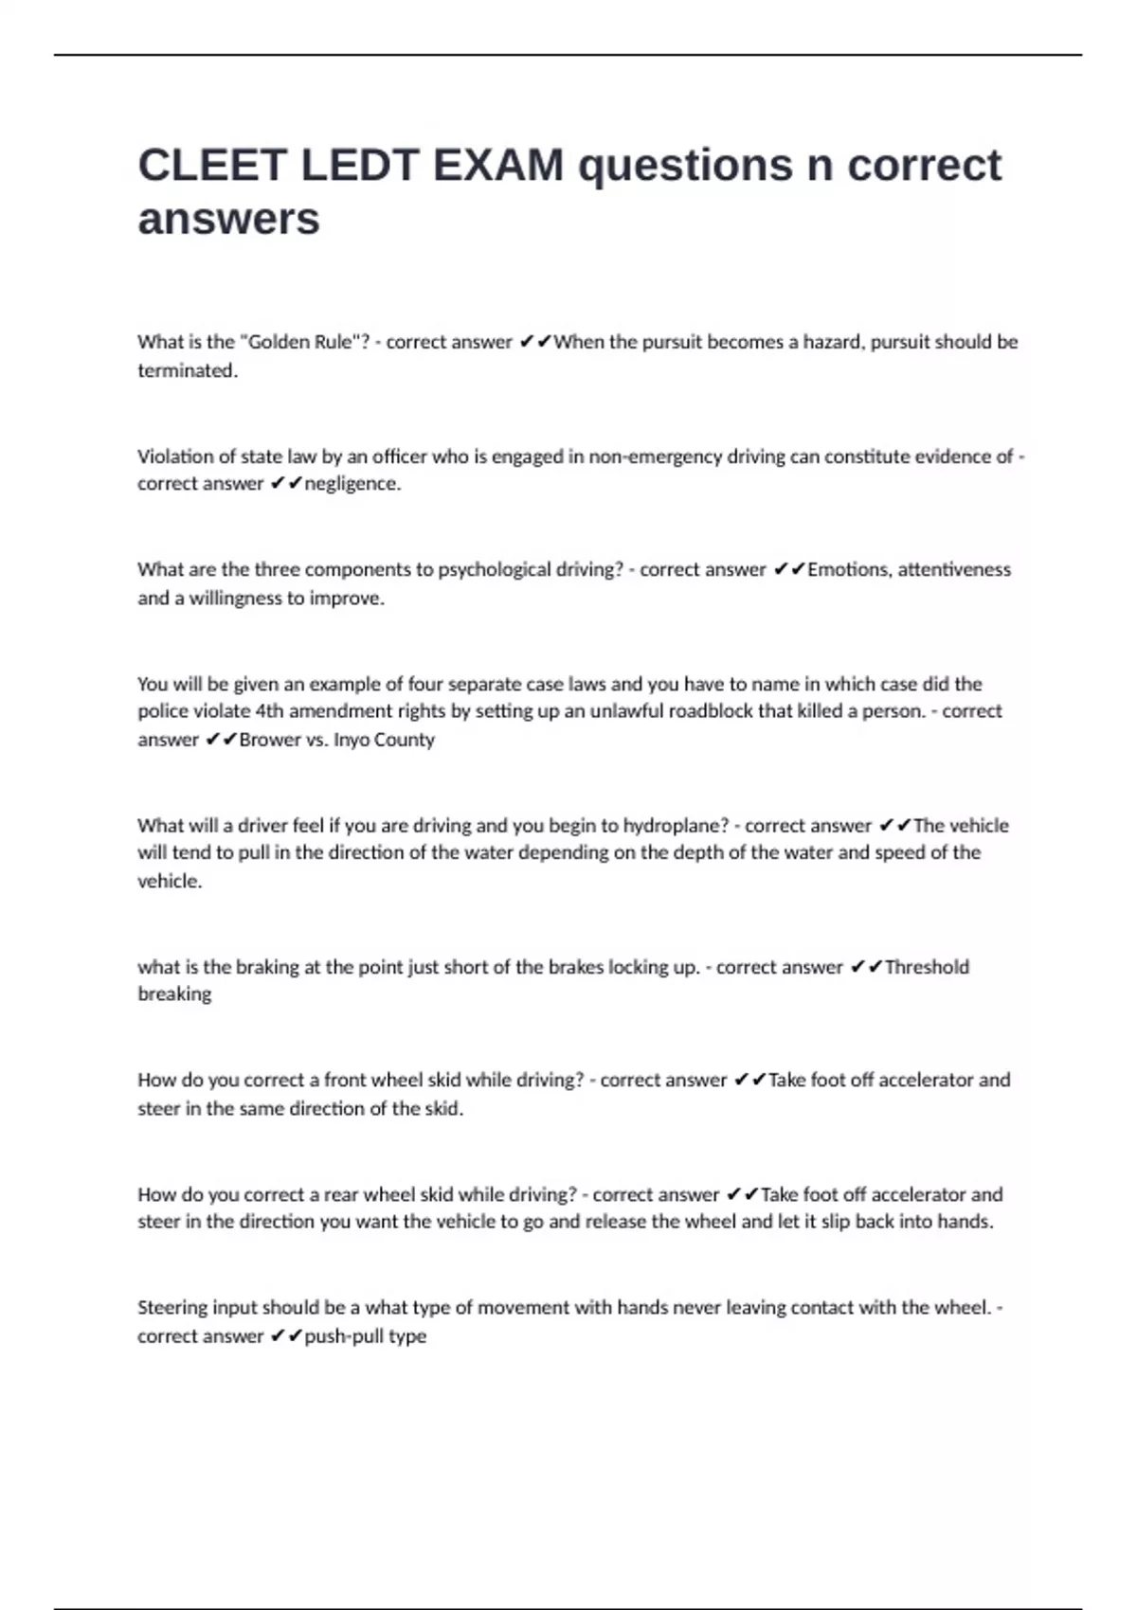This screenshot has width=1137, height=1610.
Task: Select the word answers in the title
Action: (228, 219)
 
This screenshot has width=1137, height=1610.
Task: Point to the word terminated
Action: (187, 370)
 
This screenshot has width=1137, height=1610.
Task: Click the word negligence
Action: (352, 484)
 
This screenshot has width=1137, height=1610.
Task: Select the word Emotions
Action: (848, 570)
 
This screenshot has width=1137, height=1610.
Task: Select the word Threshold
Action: (927, 967)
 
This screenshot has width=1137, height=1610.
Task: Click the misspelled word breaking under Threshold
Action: (174, 994)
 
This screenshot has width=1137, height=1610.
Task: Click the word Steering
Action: (172, 1308)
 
